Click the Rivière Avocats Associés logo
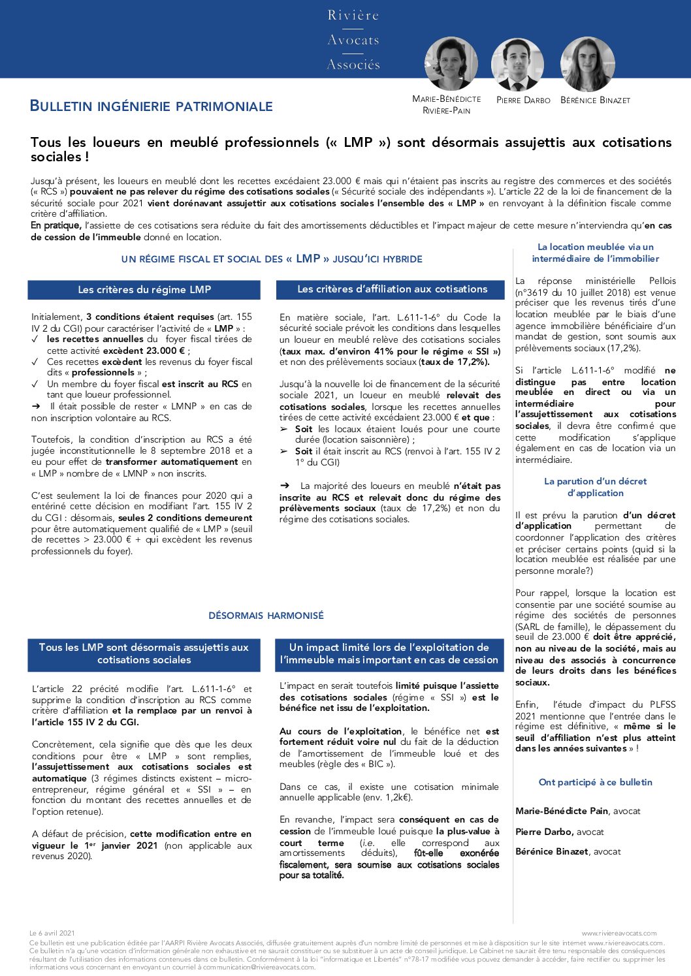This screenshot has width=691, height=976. [353, 40]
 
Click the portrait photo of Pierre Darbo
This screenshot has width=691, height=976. [517, 64]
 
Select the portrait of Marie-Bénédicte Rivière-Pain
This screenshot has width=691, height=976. [451, 63]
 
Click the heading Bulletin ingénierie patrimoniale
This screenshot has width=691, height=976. [152, 106]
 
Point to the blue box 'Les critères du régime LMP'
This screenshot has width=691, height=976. [144, 289]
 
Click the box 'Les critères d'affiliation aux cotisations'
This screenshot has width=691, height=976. [392, 289]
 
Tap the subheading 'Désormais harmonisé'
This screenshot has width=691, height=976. [266, 616]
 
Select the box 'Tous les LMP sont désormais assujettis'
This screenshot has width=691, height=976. [144, 653]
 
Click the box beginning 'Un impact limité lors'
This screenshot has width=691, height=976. [389, 653]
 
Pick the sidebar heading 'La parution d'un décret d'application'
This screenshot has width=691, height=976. [595, 487]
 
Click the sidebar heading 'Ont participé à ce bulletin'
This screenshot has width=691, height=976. [595, 782]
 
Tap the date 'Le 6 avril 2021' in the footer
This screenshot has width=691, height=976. [52, 934]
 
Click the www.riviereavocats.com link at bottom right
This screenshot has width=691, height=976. [619, 934]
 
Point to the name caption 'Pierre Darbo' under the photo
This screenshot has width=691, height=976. [523, 101]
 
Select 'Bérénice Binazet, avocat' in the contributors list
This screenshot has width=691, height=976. [568, 851]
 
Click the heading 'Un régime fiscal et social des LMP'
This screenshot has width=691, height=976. [272, 259]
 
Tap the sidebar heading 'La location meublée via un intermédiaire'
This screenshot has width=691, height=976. [595, 253]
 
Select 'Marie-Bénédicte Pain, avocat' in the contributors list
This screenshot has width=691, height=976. [577, 811]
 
